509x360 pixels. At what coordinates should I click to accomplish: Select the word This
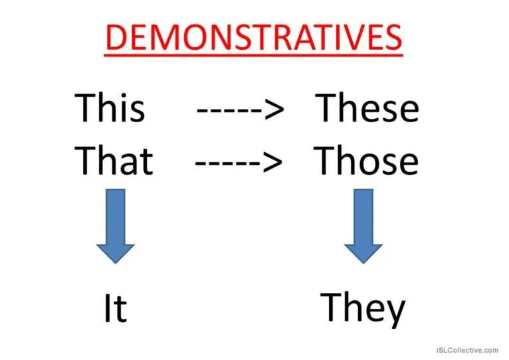[x=110, y=108]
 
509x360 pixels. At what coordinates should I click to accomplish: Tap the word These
[x=367, y=108]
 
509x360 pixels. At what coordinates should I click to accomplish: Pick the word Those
[x=366, y=160]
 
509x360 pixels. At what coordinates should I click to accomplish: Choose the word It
[x=115, y=308]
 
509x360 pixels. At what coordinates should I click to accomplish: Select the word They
[x=363, y=308]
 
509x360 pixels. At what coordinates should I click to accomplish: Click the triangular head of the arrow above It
[x=116, y=252]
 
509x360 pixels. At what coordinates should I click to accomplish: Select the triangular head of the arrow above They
[x=363, y=252]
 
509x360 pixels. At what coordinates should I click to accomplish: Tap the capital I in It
[x=107, y=308]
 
